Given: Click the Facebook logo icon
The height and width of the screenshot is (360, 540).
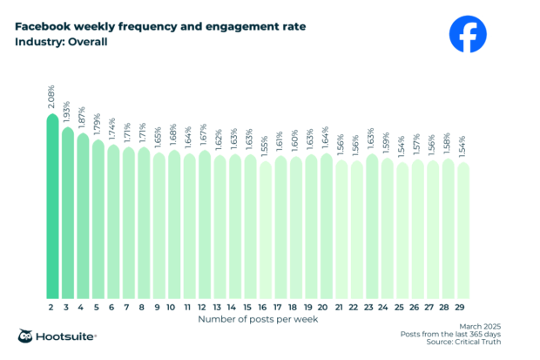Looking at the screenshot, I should (469, 34).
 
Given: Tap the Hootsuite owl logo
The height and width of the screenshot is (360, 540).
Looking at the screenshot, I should (27, 337).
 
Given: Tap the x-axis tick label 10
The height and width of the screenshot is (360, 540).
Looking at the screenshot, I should (173, 307).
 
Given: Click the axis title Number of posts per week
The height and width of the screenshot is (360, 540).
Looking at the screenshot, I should (257, 320).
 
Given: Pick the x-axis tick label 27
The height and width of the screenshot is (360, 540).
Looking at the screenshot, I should (432, 307).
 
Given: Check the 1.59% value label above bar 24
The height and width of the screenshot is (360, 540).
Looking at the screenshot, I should (387, 142).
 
